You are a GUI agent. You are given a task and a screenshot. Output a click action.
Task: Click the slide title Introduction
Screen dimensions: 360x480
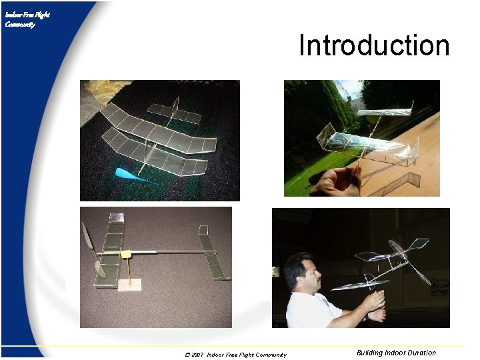[x=374, y=46]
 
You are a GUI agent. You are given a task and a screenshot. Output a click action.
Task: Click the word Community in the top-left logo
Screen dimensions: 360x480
[x=20, y=25]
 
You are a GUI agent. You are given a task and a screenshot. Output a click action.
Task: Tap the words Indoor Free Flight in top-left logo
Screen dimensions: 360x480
[x=27, y=15]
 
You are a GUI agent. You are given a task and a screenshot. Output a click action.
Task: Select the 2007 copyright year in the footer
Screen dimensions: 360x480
[x=197, y=355]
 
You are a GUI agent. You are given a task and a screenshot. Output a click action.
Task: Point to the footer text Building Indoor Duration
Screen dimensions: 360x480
[x=396, y=353]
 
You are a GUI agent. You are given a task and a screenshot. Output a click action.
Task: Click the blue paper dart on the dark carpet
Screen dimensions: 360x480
[x=131, y=175]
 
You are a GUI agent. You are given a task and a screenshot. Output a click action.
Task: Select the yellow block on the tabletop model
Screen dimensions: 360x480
[x=127, y=254]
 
